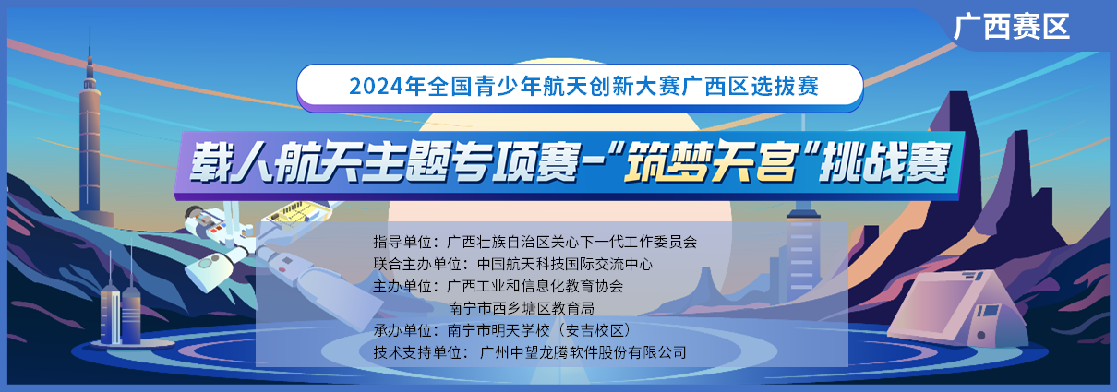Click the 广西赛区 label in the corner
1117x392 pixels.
(x=1012, y=27)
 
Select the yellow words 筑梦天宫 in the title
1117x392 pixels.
(x=709, y=162)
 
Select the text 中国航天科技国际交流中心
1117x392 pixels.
(x=564, y=264)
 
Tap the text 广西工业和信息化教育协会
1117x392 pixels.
(x=535, y=286)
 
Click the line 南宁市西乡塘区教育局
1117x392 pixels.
(x=521, y=308)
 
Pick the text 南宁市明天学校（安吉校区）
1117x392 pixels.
(x=539, y=330)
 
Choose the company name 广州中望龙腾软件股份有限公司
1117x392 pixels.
(x=583, y=352)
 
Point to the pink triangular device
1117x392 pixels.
(x=957, y=309)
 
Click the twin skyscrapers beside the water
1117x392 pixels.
(x=120, y=314)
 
